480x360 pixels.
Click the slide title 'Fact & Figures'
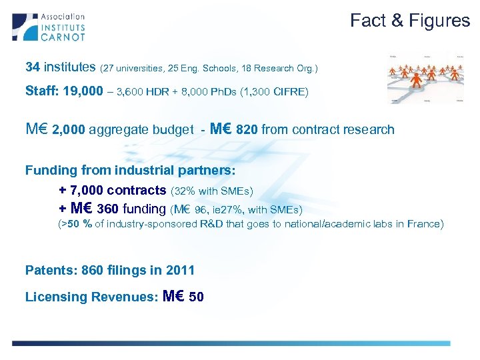[410, 21]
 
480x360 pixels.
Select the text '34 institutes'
[60, 67]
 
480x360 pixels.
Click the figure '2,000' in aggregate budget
[68, 130]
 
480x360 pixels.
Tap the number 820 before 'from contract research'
[247, 130]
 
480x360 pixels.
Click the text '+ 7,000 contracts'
[113, 191]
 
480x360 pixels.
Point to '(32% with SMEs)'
[213, 191]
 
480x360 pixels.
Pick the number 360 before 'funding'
[109, 209]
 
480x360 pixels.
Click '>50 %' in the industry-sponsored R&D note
[77, 224]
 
